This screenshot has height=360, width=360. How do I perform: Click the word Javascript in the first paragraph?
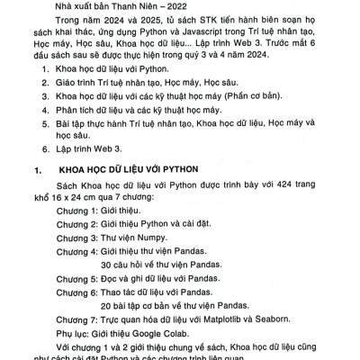(x=227, y=41)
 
